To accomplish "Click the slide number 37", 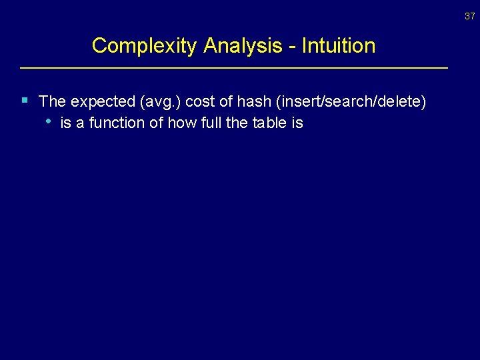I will [470, 17].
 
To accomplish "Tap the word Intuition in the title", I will [339, 46].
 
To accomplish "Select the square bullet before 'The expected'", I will [25, 101].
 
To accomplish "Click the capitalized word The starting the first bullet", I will [53, 101].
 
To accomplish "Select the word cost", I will [197, 102].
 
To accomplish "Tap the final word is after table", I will [296, 123].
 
